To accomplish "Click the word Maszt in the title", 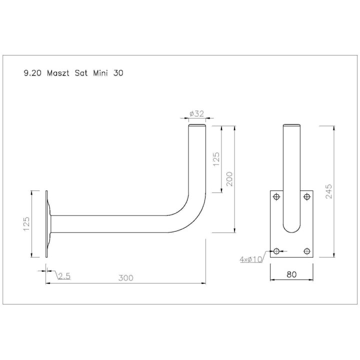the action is click(x=58, y=73).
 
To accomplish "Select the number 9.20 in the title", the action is click(x=32, y=73).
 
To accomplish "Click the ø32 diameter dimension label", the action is click(x=197, y=113).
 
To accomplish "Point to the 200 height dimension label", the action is click(x=229, y=179).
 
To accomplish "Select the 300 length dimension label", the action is click(x=126, y=278).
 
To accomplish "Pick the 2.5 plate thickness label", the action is click(x=64, y=276).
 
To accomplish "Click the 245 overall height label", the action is click(x=328, y=191).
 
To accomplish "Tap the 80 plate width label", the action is click(x=291, y=274).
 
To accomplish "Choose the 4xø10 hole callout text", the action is click(x=251, y=259).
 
